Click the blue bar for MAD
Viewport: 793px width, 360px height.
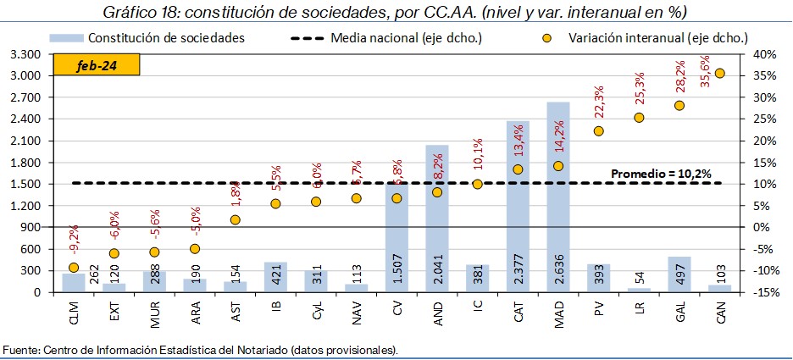pos(557,197)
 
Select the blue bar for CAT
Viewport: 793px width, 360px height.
pos(518,206)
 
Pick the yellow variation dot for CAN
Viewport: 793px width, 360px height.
pos(720,74)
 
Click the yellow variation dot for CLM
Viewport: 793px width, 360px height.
pos(74,268)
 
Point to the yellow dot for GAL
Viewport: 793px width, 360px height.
pos(679,106)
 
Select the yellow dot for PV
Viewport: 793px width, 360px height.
pos(598,131)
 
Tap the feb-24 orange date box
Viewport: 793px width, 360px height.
pos(96,65)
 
